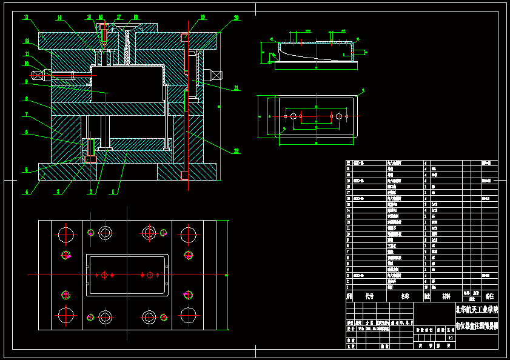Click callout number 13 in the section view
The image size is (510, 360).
[x=27, y=18]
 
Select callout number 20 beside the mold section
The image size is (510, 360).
[x=236, y=18]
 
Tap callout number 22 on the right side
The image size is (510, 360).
[x=236, y=151]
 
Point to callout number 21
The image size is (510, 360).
[x=236, y=88]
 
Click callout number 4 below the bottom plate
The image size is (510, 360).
[x=27, y=192]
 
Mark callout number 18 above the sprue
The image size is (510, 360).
[x=136, y=18]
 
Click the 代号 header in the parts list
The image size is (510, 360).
[x=369, y=296]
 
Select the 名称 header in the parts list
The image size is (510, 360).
[x=404, y=296]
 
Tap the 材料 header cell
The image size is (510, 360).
[x=446, y=296]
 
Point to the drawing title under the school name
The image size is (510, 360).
[x=477, y=325]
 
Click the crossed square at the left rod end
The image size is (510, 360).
[x=38, y=75]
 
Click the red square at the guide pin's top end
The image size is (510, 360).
[x=184, y=38]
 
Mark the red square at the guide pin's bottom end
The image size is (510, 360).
[x=184, y=175]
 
